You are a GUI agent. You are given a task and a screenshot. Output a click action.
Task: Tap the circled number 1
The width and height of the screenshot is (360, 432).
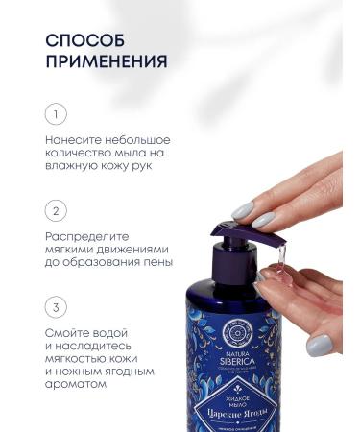[57, 114]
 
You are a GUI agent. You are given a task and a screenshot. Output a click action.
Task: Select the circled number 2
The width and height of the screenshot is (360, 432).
[57, 209]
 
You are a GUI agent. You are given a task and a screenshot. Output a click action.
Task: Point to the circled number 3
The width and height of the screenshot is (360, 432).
[57, 308]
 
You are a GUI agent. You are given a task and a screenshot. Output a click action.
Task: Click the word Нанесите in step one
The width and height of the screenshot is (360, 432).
[77, 139]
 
